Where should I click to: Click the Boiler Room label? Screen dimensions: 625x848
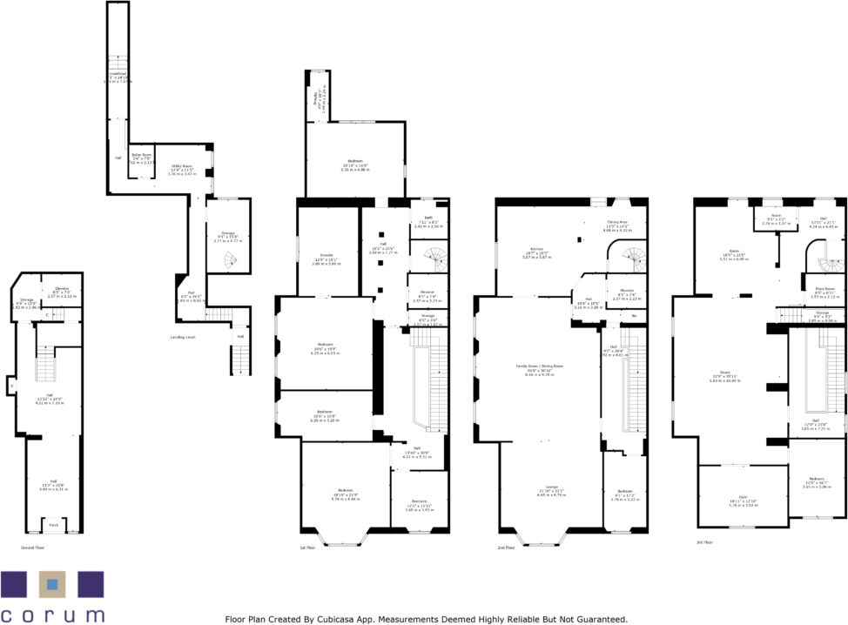[142, 157]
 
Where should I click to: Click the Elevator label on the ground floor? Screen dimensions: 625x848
[62, 288]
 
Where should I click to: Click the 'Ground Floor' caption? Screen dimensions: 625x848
[33, 548]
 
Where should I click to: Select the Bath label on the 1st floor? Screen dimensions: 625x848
[428, 218]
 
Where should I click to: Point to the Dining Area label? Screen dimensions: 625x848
[619, 222]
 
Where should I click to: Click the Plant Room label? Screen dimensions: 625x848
[824, 288]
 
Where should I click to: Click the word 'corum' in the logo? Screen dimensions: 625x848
[52, 615]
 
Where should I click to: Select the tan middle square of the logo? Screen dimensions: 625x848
[52, 585]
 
